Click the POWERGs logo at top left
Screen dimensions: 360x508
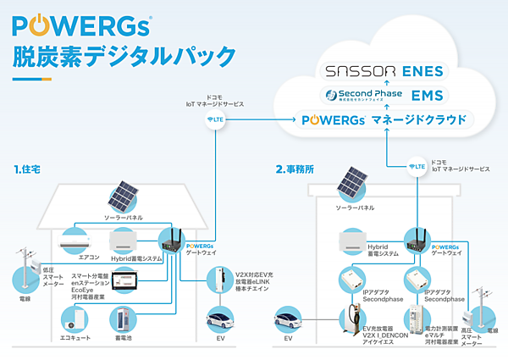81,22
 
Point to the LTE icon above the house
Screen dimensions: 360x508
216,119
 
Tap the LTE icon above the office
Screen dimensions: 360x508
417,167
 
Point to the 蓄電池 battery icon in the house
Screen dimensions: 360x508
122,319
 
